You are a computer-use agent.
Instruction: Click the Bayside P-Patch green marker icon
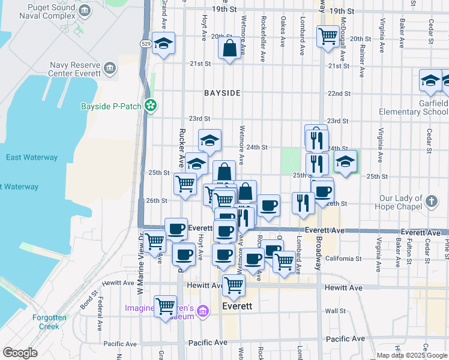(151, 106)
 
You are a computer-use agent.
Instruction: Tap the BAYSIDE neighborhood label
(222, 93)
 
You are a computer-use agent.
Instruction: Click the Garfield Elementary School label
(414, 107)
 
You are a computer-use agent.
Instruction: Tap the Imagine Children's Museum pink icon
(203, 310)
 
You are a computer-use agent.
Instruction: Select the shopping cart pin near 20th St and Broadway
(327, 37)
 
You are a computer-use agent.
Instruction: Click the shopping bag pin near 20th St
(230, 49)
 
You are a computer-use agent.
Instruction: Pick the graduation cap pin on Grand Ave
(163, 44)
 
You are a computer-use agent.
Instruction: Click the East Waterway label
(31, 158)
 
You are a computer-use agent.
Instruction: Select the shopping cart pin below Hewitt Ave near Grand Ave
(164, 307)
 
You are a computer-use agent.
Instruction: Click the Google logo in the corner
(20, 353)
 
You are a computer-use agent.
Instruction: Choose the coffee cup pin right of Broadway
(323, 191)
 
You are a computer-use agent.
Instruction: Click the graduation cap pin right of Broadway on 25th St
(345, 162)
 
